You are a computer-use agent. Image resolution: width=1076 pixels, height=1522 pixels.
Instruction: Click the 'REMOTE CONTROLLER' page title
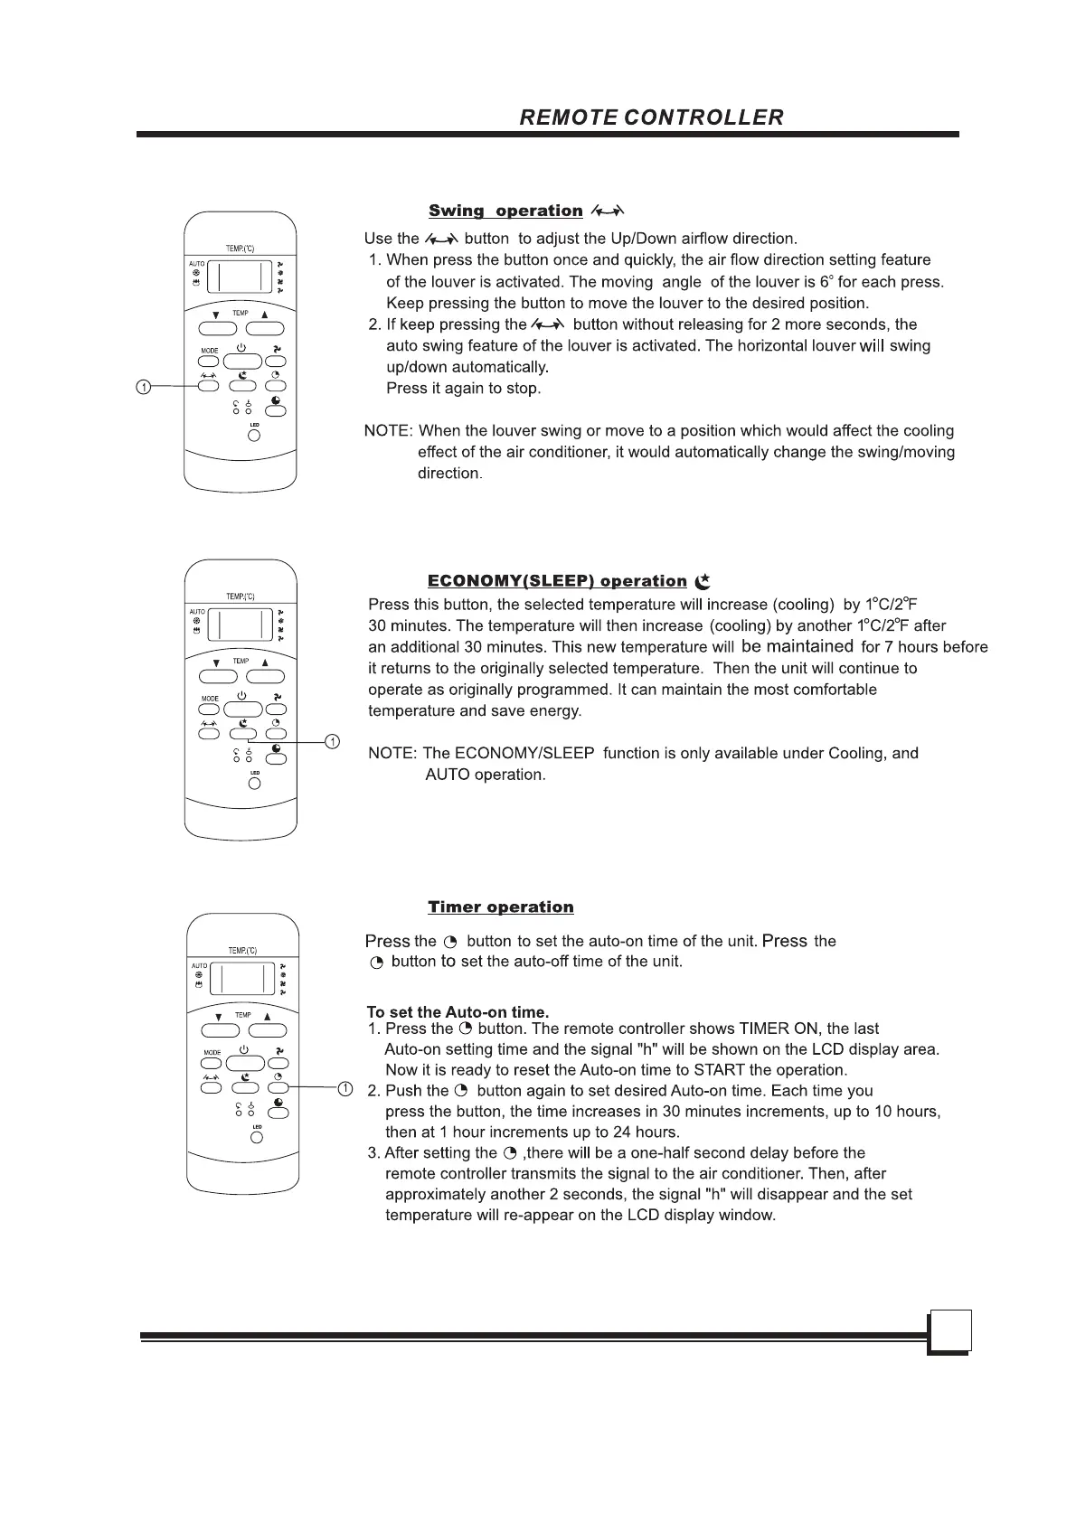[x=651, y=117]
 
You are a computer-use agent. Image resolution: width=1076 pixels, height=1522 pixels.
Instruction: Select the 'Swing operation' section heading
[x=505, y=211]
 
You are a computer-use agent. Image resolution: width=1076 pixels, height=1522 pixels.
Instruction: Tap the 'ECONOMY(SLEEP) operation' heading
[x=557, y=581]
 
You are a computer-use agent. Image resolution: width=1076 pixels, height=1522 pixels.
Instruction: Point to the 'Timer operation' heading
[x=501, y=907]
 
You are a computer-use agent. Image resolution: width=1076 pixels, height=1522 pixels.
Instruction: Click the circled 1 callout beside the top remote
[x=143, y=387]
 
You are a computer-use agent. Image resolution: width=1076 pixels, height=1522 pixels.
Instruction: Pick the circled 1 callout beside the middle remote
[x=332, y=742]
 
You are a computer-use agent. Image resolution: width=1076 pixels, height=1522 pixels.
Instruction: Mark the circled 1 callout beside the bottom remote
[x=345, y=1087]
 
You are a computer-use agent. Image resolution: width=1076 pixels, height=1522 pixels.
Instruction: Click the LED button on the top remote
[x=254, y=436]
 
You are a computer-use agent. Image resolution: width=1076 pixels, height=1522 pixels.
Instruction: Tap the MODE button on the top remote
[x=210, y=360]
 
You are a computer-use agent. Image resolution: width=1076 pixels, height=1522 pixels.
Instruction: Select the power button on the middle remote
[x=243, y=709]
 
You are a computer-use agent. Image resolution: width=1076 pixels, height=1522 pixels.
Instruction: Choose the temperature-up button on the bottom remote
[x=268, y=1030]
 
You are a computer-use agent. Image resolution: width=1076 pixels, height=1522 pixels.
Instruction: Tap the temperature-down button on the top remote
[x=216, y=329]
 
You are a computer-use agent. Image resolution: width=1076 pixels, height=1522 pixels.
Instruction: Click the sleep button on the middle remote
[x=243, y=733]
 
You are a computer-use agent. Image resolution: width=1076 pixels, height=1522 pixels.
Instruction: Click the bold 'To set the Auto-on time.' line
[x=458, y=1012]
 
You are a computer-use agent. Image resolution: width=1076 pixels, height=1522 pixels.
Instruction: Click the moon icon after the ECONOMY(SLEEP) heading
[x=703, y=581]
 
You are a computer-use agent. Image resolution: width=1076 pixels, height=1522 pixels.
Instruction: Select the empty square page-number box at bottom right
[x=949, y=1331]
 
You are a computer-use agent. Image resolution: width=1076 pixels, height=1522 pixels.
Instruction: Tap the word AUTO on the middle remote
[x=197, y=612]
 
